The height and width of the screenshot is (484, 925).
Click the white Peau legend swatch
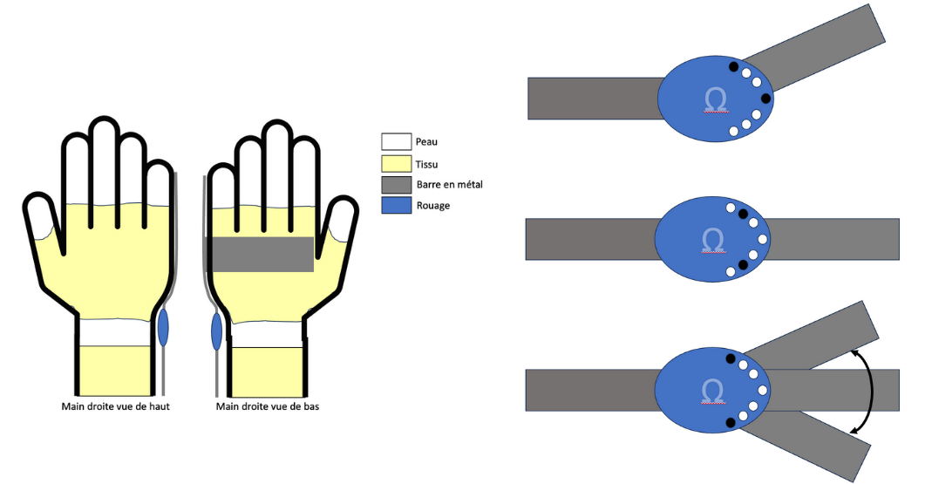pos(395,141)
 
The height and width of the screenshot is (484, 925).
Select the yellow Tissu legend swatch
pos(395,162)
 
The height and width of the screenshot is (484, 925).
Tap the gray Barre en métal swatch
pos(395,184)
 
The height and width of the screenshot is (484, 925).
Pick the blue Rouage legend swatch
pos(395,206)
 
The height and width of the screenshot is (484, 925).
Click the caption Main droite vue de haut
pos(115,406)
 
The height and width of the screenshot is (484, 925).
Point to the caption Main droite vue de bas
pos(268,406)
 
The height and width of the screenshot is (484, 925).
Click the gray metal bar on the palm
pos(263,254)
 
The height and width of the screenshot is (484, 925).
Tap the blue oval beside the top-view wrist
pos(163,327)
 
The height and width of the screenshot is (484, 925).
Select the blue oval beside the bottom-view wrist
pos(217,332)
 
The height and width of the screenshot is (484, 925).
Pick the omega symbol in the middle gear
pos(713,239)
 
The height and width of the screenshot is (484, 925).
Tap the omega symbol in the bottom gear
pos(713,389)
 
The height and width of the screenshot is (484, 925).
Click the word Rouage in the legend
pos(433,206)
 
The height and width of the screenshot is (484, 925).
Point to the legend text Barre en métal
pos(449,184)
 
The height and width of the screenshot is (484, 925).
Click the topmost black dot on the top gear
pos(733,66)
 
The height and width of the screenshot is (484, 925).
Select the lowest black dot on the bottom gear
pos(731,423)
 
